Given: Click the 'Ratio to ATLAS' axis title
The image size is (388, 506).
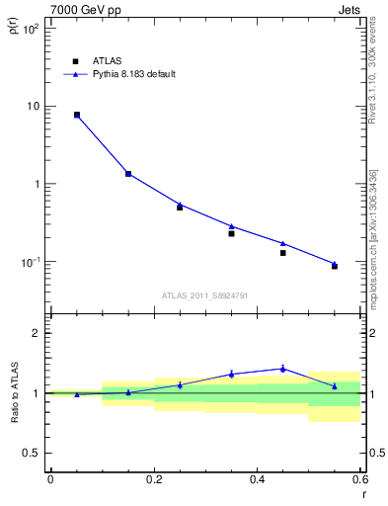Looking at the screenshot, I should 14,393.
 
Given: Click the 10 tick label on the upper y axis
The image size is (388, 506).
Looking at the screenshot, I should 33,107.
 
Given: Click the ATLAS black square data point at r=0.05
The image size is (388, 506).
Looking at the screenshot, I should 77,115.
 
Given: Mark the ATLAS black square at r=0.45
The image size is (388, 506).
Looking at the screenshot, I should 282,253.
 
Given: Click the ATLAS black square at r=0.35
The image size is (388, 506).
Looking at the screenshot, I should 231,233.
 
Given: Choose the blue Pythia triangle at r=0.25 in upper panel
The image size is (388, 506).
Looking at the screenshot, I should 180,205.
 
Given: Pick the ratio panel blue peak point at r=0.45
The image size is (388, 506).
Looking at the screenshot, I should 282,369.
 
